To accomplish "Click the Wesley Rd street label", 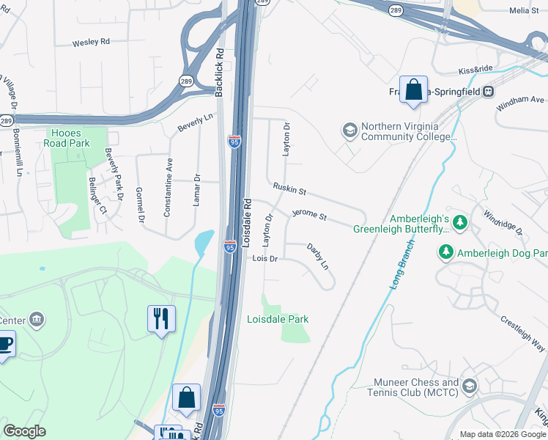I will [91, 43].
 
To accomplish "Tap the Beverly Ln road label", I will [195, 122].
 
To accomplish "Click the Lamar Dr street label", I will [196, 190].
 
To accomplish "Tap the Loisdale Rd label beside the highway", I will [247, 221].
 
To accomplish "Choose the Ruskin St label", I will [289, 189].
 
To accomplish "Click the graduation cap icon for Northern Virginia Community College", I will [350, 131].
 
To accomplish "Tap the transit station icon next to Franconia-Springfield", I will [487, 91].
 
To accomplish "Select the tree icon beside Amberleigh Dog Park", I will [445, 253].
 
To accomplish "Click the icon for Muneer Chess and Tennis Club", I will [469, 386].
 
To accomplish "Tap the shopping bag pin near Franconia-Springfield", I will [413, 89].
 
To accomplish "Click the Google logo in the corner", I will [24, 431].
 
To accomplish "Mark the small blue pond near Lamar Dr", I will [204, 243].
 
